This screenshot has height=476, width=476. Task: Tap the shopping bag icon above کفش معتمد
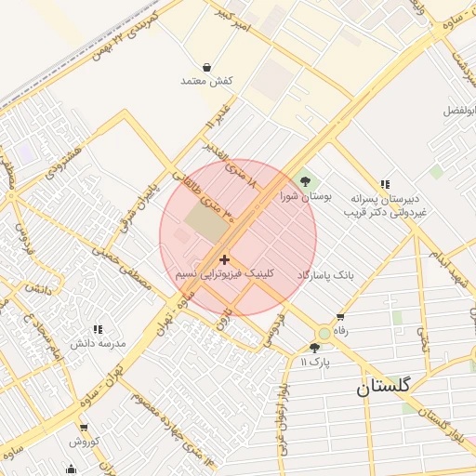pyautogui.click(x=205, y=67)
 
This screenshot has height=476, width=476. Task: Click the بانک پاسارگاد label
pyautogui.click(x=325, y=276)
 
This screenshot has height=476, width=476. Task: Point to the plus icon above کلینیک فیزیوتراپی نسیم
pyautogui.click(x=224, y=258)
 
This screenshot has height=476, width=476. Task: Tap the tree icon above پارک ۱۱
pyautogui.click(x=313, y=348)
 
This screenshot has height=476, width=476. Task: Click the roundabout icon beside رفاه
pyautogui.click(x=324, y=333)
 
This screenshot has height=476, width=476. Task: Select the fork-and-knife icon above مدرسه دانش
pyautogui.click(x=97, y=329)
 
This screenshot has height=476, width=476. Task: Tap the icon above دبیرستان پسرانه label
pyautogui.click(x=385, y=184)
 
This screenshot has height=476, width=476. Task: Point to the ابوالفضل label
pyautogui.click(x=458, y=110)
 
